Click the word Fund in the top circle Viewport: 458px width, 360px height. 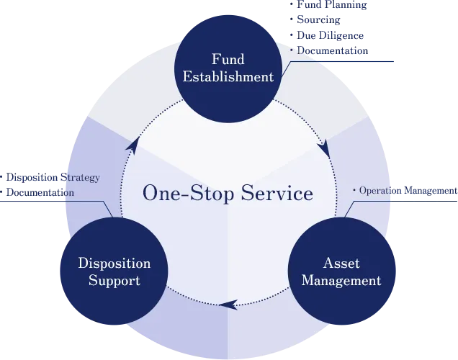228,59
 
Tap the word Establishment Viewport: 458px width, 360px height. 228,76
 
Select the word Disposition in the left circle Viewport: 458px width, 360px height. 114,263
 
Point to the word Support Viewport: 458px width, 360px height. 114,280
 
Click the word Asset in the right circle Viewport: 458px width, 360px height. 341,263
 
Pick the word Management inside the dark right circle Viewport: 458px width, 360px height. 341,280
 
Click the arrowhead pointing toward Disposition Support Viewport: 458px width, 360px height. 228,305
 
